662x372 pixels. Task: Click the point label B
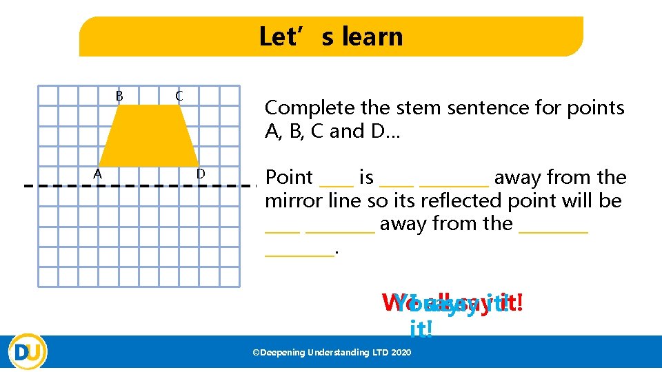coord(119,96)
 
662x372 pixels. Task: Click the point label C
coord(179,96)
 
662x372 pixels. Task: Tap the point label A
coord(98,174)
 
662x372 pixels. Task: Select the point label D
coord(200,174)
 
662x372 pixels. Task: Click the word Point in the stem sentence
coord(290,178)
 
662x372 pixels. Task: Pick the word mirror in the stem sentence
coord(290,201)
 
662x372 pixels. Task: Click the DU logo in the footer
coord(28,351)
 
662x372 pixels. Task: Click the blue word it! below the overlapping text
coord(421,329)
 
